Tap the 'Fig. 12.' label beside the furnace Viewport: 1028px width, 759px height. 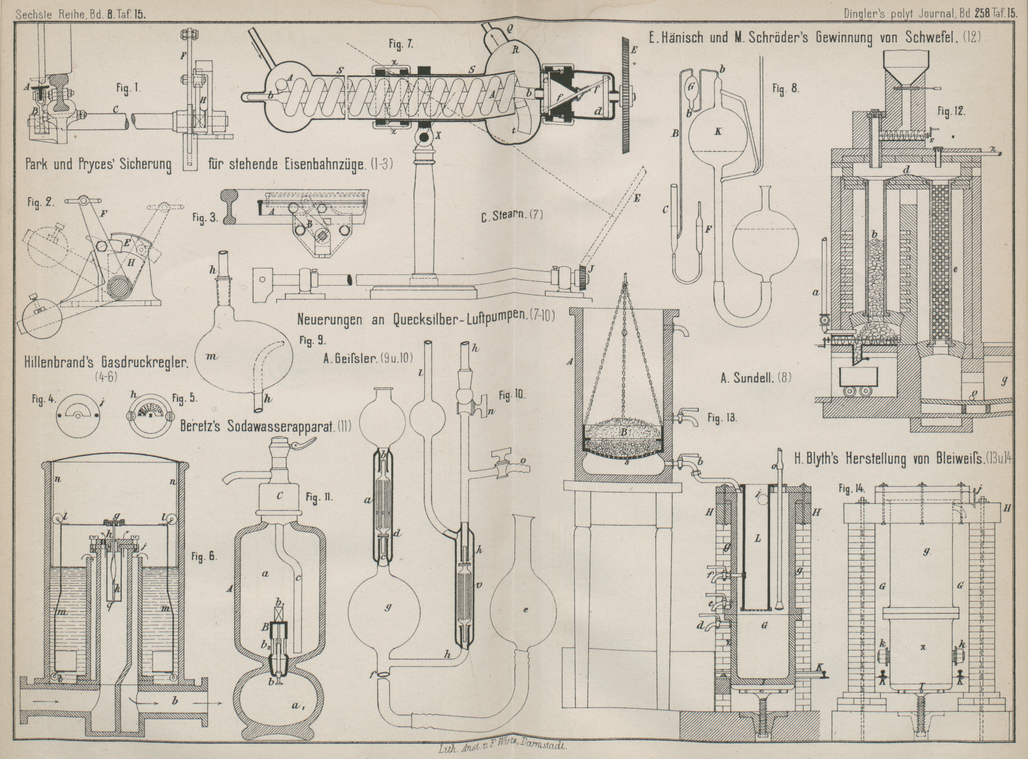point(951,112)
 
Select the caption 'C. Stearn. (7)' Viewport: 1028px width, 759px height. point(512,215)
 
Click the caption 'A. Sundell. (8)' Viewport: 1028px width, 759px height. point(756,378)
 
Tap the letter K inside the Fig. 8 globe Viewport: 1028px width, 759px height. point(719,132)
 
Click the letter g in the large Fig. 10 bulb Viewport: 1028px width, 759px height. point(388,607)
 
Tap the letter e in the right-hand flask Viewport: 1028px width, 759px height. point(526,610)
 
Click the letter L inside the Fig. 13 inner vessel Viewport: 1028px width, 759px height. point(757,539)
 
